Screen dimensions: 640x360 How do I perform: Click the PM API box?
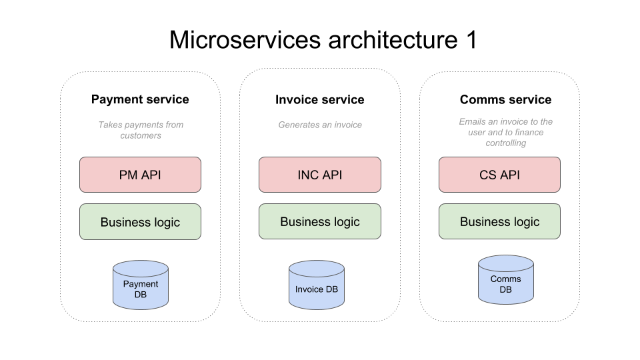coord(140,175)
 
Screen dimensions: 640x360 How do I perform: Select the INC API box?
coord(319,175)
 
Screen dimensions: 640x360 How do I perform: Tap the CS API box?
coord(499,175)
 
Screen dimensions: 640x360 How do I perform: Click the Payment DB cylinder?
coord(141,285)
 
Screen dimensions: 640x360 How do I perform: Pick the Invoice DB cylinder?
coord(316,285)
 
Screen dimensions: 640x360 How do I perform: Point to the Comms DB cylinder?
coord(506,279)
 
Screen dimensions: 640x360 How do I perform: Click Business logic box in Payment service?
coord(140,221)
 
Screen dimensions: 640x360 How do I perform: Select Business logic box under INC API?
coord(319,221)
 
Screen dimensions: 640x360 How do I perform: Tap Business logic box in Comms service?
coord(499,221)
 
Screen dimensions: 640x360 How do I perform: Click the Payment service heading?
coord(140,99)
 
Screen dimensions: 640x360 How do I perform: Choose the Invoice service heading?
coord(319,99)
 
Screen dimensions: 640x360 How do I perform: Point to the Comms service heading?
coord(506,99)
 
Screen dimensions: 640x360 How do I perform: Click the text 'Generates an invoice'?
coord(320,125)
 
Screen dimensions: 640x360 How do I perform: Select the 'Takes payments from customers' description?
coord(141,130)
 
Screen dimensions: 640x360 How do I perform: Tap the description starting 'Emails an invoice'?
coord(506,132)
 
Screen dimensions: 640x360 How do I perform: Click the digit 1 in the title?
coord(471,40)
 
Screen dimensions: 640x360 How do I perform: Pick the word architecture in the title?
coord(393,40)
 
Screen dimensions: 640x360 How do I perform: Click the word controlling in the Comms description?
coord(506,143)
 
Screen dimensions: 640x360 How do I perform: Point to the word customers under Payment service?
coord(141,135)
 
